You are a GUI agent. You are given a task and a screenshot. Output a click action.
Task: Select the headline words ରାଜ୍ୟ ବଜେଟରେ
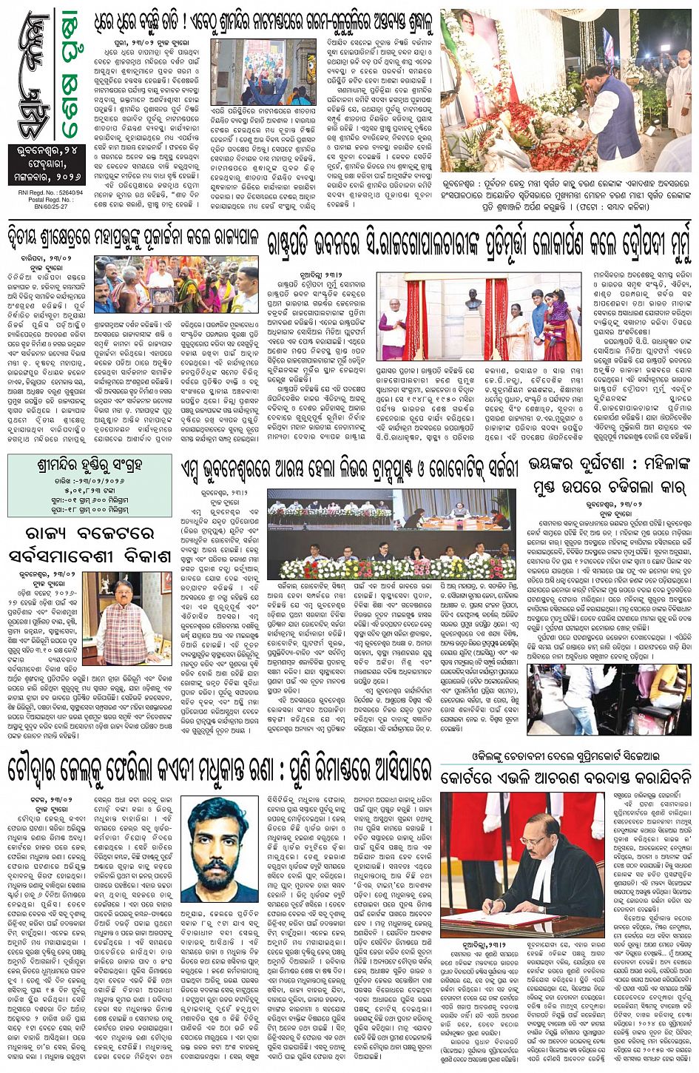tap(89, 534)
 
